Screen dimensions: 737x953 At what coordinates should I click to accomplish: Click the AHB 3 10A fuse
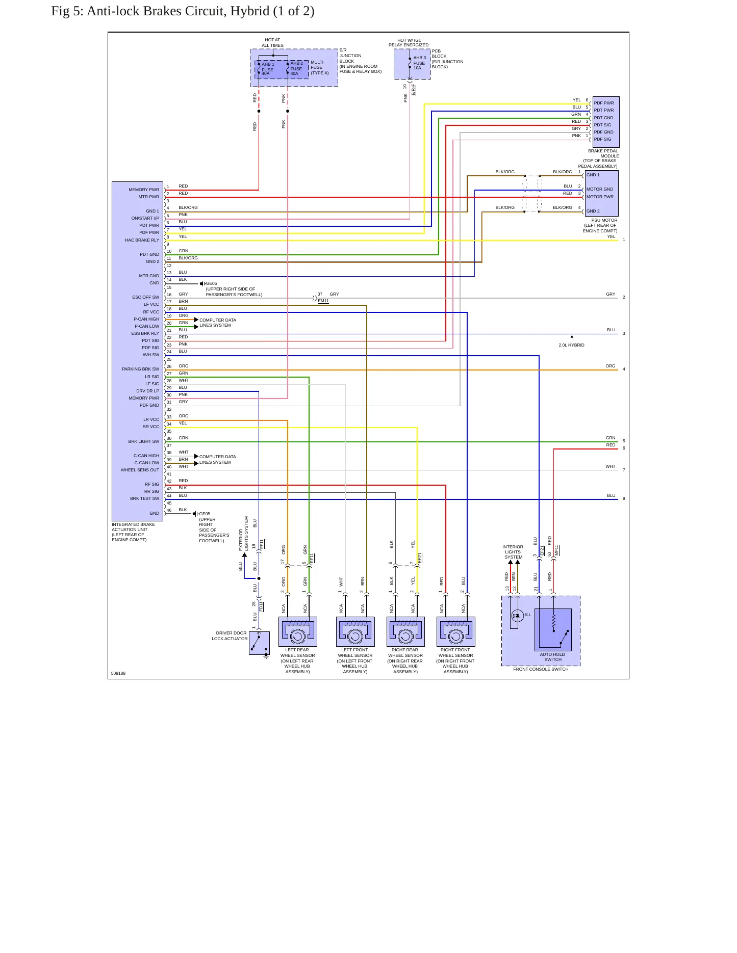coord(410,63)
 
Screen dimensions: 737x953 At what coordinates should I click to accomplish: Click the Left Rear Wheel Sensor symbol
coord(298,631)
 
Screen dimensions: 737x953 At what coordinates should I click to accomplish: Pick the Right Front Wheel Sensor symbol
coord(456,631)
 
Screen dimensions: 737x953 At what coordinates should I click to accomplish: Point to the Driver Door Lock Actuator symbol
coord(259,643)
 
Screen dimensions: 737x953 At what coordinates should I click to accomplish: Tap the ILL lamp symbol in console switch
coord(517,616)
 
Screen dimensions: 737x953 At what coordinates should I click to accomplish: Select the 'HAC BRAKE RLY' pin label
coord(142,240)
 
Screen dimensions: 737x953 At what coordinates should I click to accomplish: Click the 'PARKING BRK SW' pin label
coord(140,369)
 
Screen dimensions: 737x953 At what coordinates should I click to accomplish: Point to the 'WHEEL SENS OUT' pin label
coord(140,470)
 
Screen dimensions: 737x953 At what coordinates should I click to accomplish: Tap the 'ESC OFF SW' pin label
coord(145,297)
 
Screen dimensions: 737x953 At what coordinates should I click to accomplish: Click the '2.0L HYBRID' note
coord(571,345)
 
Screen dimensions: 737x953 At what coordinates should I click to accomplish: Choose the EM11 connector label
coord(323,301)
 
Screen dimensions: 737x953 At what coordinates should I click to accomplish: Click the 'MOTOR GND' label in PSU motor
coord(600,189)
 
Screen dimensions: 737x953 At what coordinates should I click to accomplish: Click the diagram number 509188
coord(118,673)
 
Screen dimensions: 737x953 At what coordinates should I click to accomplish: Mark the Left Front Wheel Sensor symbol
coord(355,631)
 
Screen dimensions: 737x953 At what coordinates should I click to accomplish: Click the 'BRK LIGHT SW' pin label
coord(143,441)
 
